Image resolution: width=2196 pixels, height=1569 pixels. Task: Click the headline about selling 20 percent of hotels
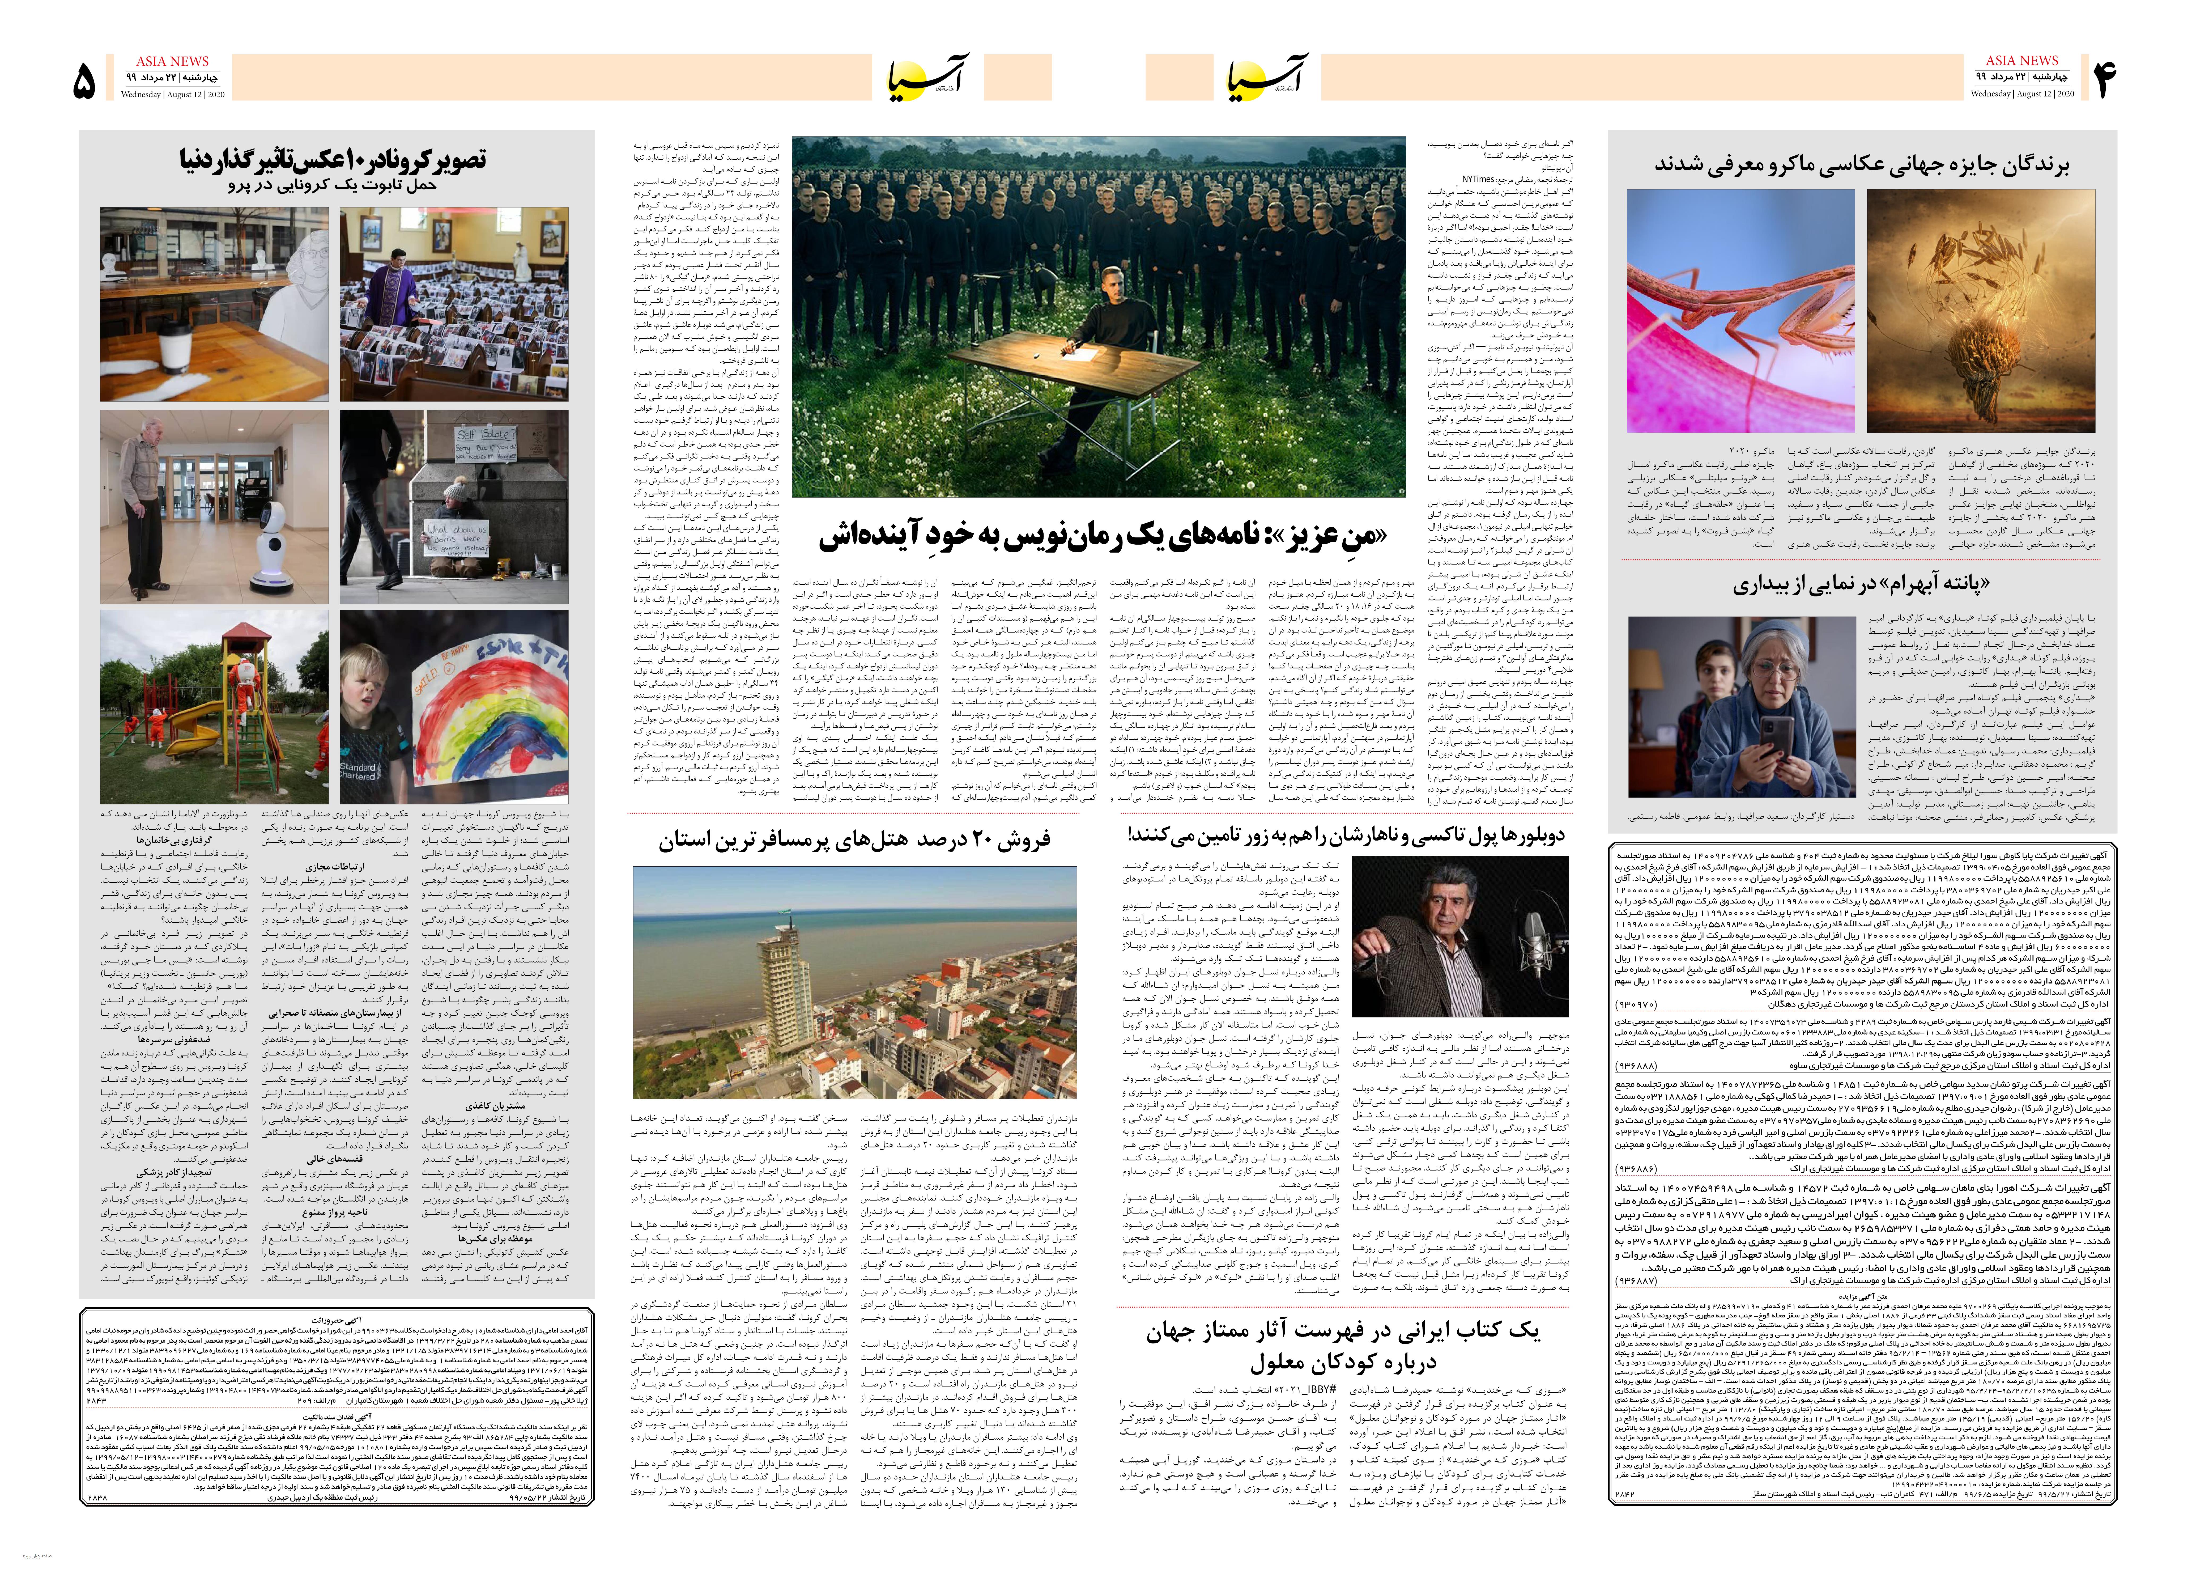tap(855, 839)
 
